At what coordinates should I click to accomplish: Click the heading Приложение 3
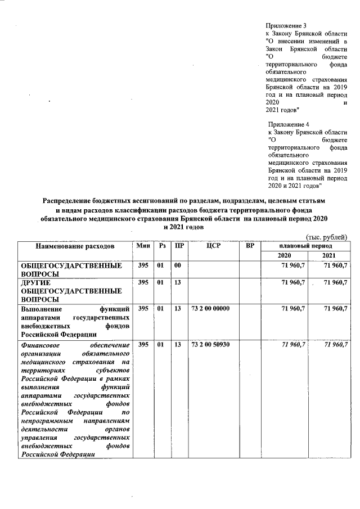tap(286, 26)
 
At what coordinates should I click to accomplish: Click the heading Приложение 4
tap(289, 124)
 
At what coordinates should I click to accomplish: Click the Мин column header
tap(142, 246)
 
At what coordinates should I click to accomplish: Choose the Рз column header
tap(162, 246)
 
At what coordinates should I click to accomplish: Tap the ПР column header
tap(179, 246)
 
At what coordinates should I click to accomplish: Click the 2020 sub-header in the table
tap(285, 256)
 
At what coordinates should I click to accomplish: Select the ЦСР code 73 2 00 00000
tap(210, 309)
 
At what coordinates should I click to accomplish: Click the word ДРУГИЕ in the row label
tap(36, 282)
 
